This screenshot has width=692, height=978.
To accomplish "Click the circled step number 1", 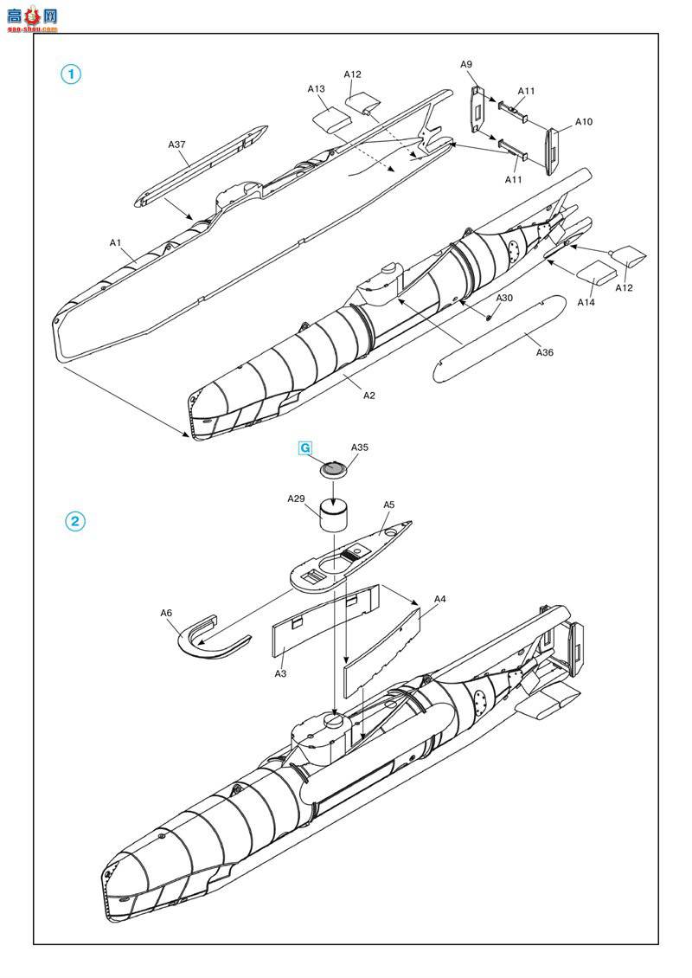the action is coord(71,74).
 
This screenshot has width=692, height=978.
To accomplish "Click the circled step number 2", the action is coord(75,521).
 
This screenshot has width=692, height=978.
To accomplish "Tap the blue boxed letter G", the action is coord(305,447).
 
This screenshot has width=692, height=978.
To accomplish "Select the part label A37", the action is coord(177,145).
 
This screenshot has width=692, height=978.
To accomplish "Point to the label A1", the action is coord(115,242).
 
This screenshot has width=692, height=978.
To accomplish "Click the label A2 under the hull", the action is coord(369,396).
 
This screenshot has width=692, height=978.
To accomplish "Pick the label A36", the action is coord(545,352).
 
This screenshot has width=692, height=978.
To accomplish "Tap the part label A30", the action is coord(504,298).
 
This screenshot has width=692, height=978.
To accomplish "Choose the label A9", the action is coord(466,64).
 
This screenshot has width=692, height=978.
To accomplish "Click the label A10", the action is coord(584,122).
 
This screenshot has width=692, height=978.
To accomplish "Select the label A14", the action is coord(586,303).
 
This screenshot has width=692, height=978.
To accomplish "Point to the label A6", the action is coord(166,613).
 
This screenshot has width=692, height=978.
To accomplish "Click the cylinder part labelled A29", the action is coord(335,515).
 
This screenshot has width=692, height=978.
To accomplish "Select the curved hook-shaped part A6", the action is coord(202,642).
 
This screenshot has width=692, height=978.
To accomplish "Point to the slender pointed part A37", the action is coord(202,166).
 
